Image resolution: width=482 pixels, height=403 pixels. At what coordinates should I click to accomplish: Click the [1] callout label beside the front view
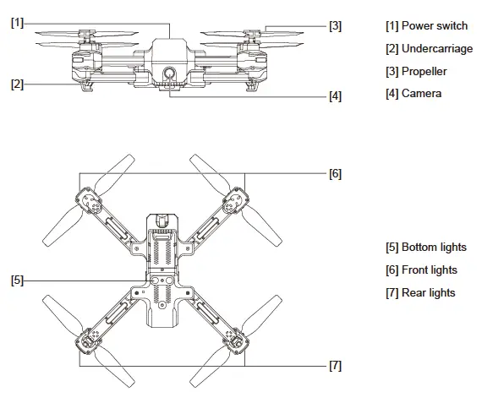17,23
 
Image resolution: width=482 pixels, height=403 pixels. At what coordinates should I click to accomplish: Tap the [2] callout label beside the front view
17,84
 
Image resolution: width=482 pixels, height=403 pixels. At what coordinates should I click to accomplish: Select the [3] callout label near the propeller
336,26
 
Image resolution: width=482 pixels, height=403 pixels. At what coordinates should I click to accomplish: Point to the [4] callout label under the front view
336,96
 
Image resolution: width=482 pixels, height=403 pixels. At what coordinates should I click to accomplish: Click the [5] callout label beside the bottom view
17,280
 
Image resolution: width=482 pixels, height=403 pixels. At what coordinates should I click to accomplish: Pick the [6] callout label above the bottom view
336,174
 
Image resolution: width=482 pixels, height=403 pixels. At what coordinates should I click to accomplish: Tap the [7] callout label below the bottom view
336,366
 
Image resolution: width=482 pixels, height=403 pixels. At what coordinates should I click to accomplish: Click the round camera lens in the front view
169,73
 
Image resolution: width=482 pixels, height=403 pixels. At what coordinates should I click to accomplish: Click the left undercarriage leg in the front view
87,84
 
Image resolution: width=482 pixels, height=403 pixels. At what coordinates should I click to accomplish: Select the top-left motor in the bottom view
90,202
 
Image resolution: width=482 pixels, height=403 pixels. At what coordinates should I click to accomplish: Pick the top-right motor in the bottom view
233,202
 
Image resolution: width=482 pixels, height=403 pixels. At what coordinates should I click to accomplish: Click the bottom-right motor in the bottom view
233,340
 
